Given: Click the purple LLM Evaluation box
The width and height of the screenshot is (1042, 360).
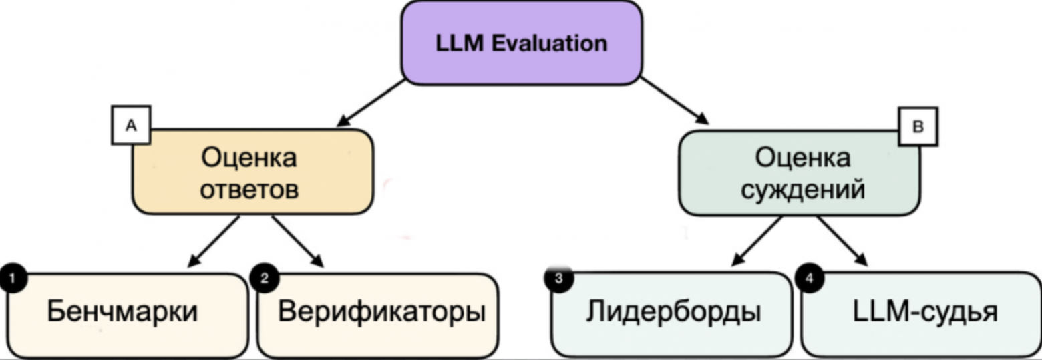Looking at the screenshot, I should coord(521,43).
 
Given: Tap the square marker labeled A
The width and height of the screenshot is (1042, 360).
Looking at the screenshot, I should coord(131,126).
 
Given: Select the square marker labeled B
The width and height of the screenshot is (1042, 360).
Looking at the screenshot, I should coord(917,126).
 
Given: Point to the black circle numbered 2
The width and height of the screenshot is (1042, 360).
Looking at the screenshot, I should coord(264,278).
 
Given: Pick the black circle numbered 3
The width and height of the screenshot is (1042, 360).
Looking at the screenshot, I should coord(558,279).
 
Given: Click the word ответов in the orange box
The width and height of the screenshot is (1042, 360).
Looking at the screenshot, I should coord(249,190).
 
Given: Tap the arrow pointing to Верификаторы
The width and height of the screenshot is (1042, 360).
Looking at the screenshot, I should coord(297,241).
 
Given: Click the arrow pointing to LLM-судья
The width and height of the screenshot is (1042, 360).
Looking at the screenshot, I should coord(842,241).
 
